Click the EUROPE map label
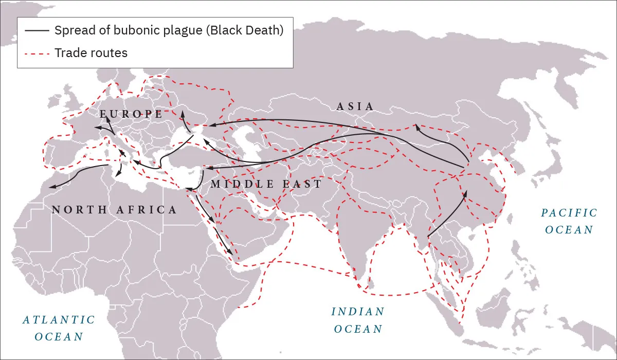tap(131, 114)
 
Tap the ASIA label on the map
tap(355, 106)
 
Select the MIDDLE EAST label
tap(266, 184)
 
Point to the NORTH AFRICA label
tap(114, 210)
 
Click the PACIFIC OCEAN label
tap(569, 221)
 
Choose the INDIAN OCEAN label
tap(358, 320)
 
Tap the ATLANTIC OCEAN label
tap(59, 328)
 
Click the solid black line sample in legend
tap(36, 30)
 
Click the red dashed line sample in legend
tap(36, 53)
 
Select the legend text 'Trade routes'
tap(91, 53)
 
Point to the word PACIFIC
tap(569, 213)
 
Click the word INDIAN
tap(358, 312)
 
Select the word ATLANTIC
tap(59, 320)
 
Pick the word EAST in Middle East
tap(302, 184)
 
